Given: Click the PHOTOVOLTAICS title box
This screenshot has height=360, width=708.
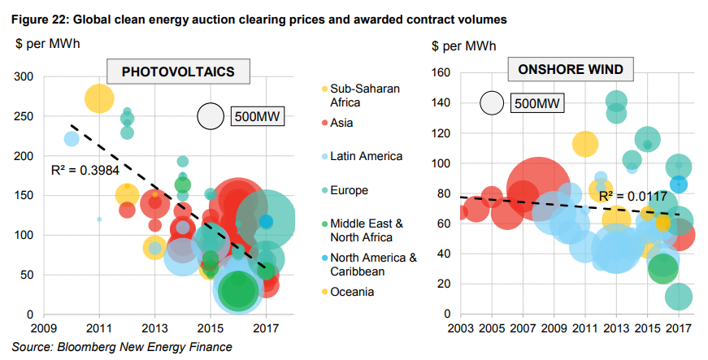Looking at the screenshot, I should pyautogui.click(x=178, y=72).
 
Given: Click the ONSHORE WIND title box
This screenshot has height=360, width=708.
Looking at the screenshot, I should pyautogui.click(x=571, y=70).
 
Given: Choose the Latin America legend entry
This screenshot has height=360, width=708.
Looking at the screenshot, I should pyautogui.click(x=365, y=155).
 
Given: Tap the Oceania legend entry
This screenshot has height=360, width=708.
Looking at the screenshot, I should pyautogui.click(x=352, y=292).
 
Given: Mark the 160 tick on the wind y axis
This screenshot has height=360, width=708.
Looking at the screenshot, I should pyautogui.click(x=440, y=72).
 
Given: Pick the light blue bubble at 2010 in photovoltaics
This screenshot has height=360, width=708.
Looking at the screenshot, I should pyautogui.click(x=72, y=139).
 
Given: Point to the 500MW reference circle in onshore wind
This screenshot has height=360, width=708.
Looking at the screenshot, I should pyautogui.click(x=492, y=102).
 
